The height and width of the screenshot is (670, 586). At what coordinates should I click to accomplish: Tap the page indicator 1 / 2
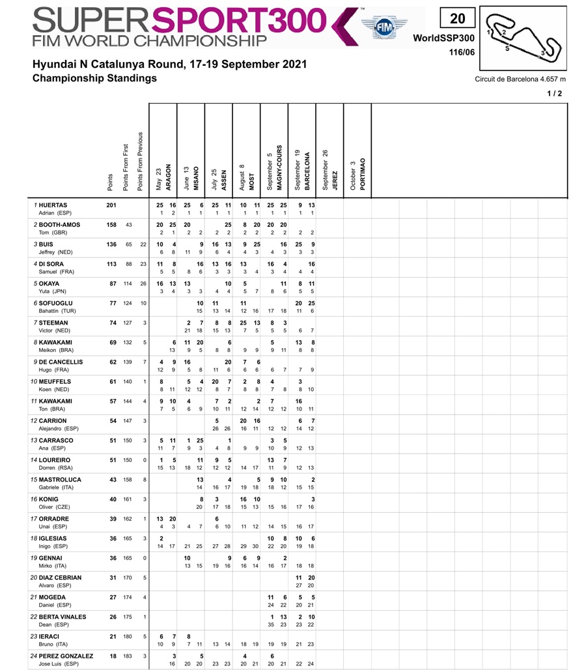coord(555,94)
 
